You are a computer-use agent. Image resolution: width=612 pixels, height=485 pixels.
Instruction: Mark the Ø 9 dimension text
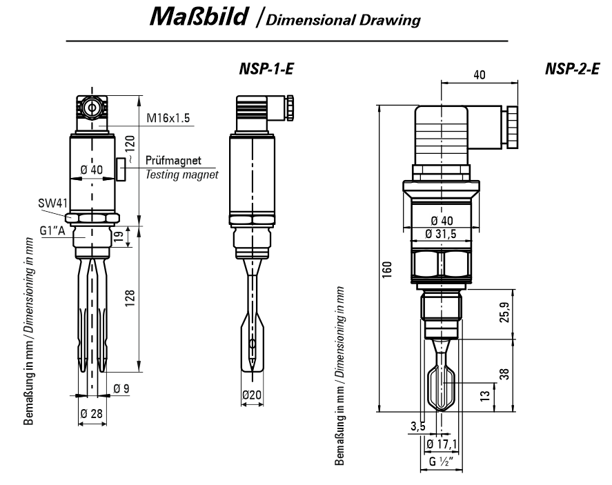tap(121, 389)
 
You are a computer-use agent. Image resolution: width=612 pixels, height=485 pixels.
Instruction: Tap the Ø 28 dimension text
tap(91, 413)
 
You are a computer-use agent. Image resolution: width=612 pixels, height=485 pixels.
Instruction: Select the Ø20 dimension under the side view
tap(252, 396)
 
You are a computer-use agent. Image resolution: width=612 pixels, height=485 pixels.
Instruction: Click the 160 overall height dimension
tap(388, 267)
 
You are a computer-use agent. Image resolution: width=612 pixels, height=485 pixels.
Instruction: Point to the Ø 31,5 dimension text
tap(441, 233)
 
